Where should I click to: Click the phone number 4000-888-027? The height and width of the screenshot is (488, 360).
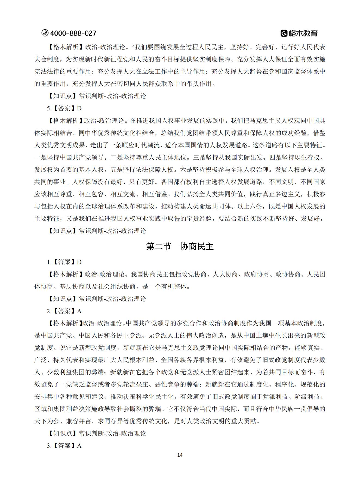73,33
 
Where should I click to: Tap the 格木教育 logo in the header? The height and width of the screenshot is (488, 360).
299,33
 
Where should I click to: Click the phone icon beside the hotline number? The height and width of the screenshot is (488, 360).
45,33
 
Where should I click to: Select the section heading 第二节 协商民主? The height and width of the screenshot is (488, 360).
180,246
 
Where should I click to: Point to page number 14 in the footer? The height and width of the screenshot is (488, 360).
180,455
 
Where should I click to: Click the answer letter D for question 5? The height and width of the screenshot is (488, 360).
79,108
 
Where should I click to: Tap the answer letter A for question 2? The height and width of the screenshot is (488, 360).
79,311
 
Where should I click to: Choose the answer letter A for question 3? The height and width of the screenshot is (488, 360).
79,446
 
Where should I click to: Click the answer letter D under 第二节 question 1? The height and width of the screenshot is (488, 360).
79,262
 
